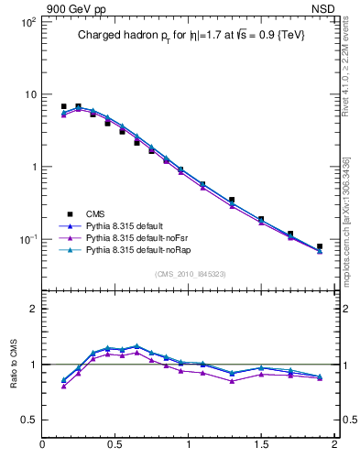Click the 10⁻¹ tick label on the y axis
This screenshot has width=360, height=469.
27,239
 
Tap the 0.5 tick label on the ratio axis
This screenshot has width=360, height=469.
28,420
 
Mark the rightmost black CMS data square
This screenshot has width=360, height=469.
319,246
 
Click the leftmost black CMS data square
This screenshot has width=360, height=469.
63,106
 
